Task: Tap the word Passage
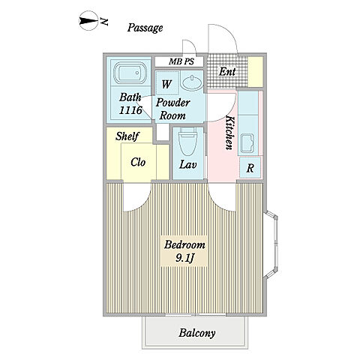(x=145, y=28)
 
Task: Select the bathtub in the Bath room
(x=130, y=73)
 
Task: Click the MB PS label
(x=181, y=61)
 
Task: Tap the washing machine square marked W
(x=166, y=83)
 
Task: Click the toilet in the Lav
(x=187, y=141)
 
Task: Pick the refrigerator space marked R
(x=250, y=167)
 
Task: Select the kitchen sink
(x=247, y=143)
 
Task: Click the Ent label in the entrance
(x=227, y=72)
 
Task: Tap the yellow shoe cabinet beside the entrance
(x=255, y=72)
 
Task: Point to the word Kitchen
(x=230, y=133)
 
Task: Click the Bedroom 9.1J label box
(x=184, y=250)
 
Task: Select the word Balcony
(x=197, y=333)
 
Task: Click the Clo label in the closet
(x=138, y=162)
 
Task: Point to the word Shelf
(x=127, y=136)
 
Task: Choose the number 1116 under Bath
(x=130, y=110)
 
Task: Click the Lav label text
(x=188, y=164)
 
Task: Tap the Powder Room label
(x=173, y=109)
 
